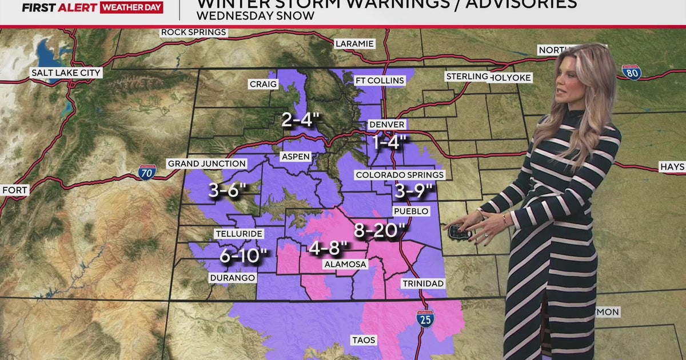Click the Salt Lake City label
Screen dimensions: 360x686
[x=66, y=73]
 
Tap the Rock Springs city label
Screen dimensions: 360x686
[x=194, y=32]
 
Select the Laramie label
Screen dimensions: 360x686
[x=354, y=43]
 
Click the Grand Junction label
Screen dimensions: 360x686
[x=206, y=163]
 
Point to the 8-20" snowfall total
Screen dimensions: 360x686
[x=380, y=230]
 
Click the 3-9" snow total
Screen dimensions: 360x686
[x=413, y=191]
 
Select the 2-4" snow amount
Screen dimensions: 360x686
[x=300, y=120]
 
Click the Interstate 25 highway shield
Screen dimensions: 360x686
[x=425, y=317]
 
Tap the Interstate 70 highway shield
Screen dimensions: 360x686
[x=147, y=172]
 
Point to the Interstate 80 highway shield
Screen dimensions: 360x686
[x=631, y=72]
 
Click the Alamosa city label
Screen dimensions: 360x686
[x=345, y=264]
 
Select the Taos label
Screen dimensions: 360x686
[x=364, y=340]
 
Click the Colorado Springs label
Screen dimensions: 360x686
[x=399, y=174]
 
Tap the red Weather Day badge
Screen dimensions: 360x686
[x=131, y=7]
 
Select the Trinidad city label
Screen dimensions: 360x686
[x=423, y=283]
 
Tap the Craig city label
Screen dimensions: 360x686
[x=263, y=84]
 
